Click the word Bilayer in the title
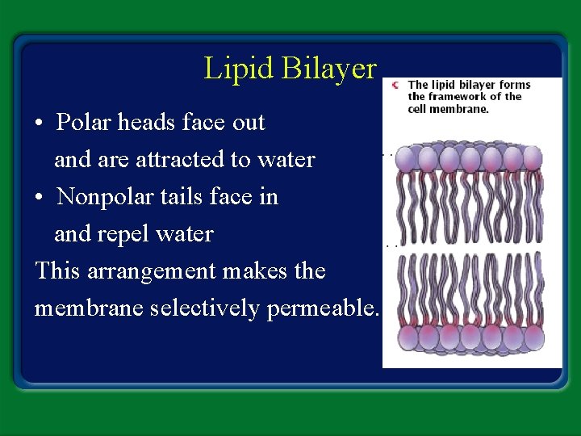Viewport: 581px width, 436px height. [329, 69]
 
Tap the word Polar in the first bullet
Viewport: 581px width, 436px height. [84, 123]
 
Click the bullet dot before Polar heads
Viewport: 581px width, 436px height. [40, 124]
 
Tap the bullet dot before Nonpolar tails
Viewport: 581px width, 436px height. [40, 199]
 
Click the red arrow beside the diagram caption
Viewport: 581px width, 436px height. [395, 85]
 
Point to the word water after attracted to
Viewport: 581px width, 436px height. [287, 160]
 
